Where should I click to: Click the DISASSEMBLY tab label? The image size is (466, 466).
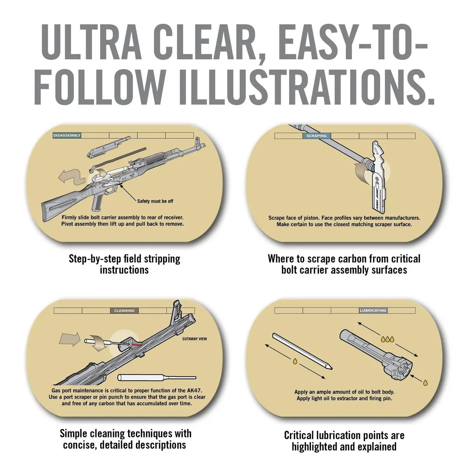tap(67, 136)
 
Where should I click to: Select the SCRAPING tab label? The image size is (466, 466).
tap(316, 136)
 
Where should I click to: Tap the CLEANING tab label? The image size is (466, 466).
tap(124, 311)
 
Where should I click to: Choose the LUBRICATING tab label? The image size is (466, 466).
tap(373, 310)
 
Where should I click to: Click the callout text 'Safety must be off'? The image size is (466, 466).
tap(155, 201)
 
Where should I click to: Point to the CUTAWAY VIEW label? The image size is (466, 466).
tap(195, 339)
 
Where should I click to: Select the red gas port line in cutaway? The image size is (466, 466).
tap(137, 344)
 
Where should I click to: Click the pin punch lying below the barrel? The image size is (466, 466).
tap(157, 377)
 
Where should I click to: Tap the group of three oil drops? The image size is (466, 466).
tap(388, 339)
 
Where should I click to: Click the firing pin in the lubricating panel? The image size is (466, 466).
tap(302, 351)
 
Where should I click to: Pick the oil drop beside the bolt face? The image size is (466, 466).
tap(425, 383)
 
